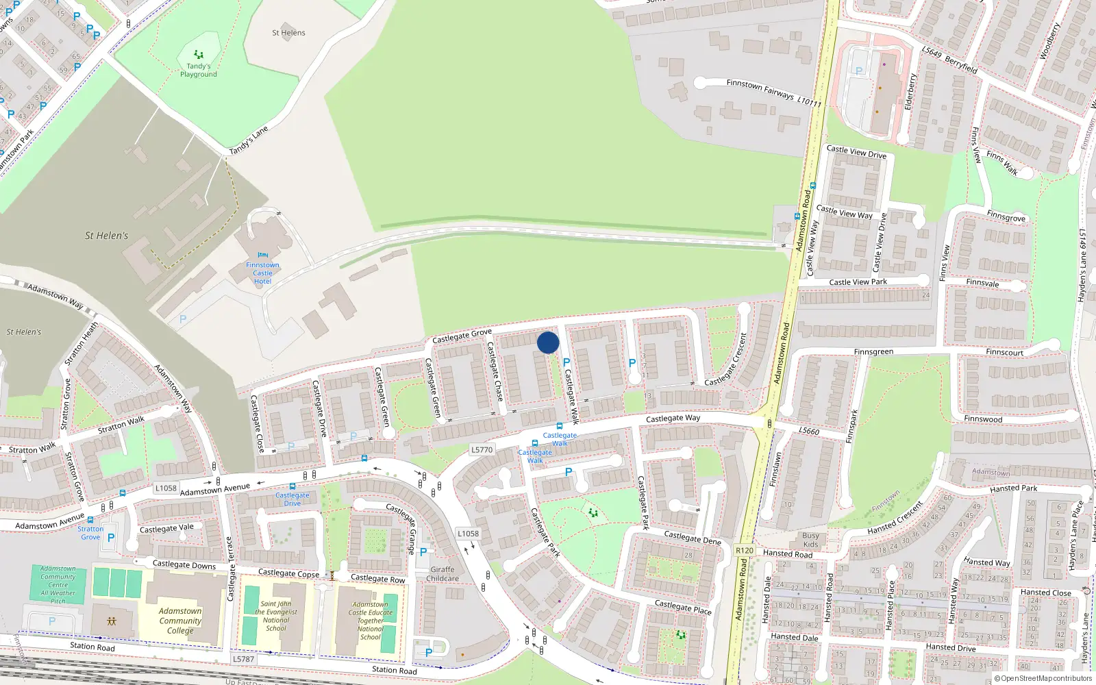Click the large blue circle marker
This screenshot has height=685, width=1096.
coord(548,342)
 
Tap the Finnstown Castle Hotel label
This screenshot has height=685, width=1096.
coord(262,273)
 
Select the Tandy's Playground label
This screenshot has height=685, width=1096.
coord(199,71)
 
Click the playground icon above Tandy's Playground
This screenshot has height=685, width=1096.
coord(199,54)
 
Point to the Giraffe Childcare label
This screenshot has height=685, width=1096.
coord(443,574)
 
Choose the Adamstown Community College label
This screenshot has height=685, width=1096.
coord(180,621)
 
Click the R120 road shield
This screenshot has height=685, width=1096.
coord(744,551)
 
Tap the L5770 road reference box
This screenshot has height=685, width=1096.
coord(482,450)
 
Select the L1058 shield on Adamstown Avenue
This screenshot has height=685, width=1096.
coord(166,488)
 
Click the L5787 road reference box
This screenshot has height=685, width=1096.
coord(243,659)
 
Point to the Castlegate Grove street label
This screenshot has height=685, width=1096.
coord(462,336)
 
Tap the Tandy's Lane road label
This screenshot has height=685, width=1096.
coord(249,140)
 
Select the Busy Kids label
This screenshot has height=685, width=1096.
coord(810,540)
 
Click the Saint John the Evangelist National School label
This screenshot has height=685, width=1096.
coord(276,616)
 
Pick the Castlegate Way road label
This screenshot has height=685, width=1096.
coord(673,418)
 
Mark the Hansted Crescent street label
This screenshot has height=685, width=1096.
coord(895,519)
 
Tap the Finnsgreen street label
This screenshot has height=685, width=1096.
coord(873,352)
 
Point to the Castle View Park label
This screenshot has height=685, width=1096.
coord(858,282)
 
